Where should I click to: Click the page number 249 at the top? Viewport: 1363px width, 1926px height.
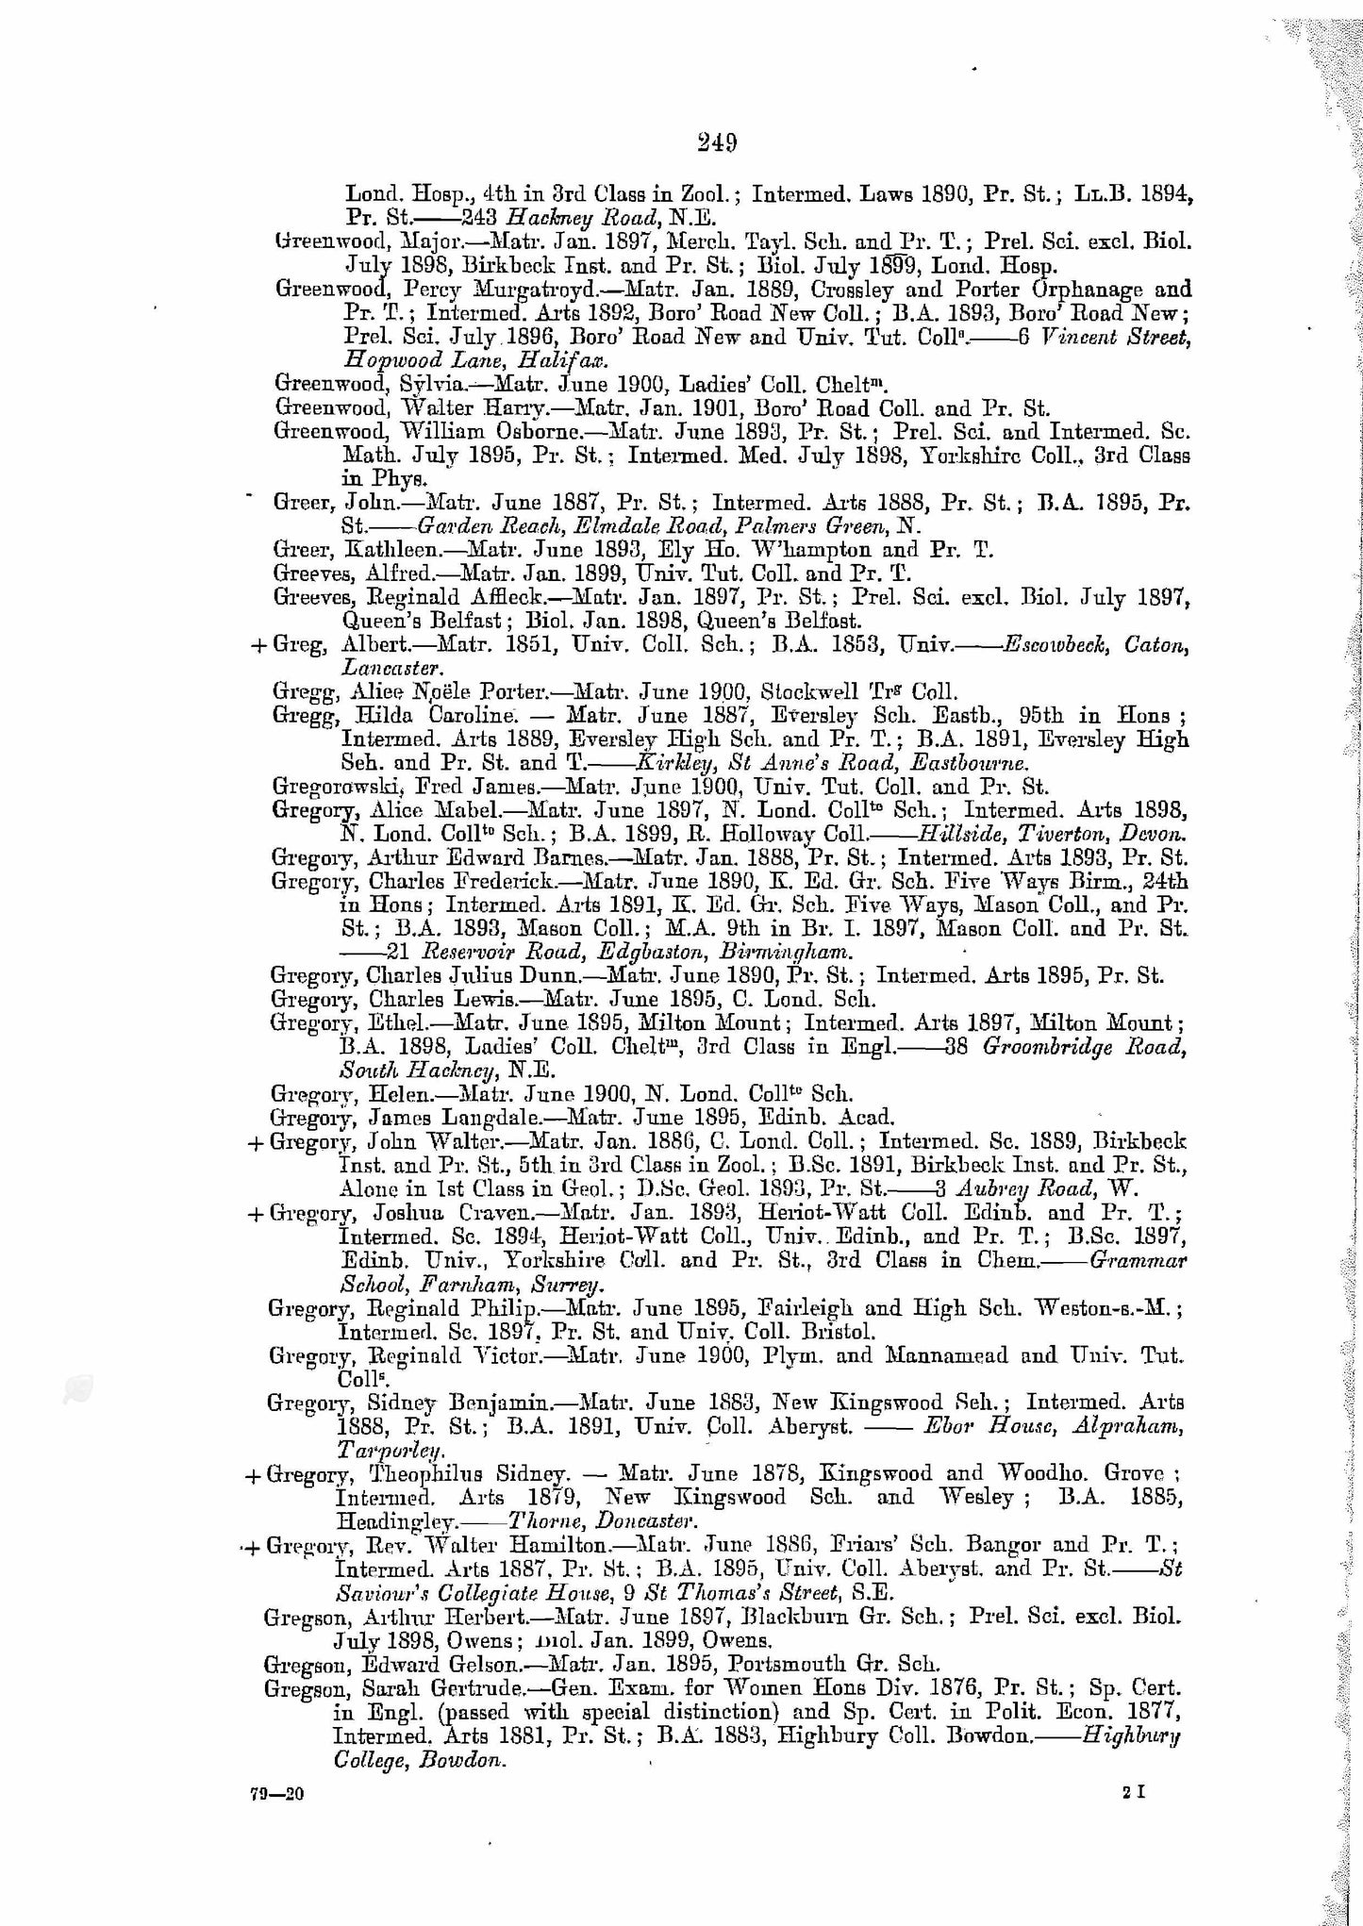click(718, 142)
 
